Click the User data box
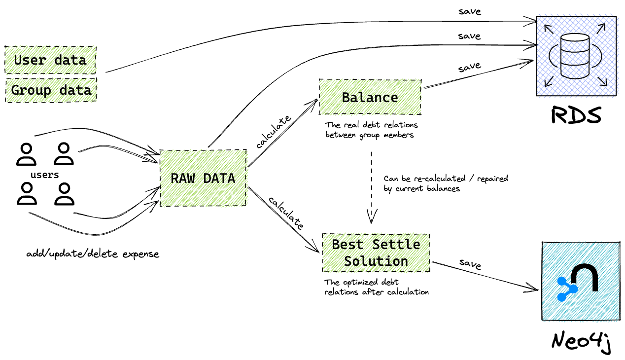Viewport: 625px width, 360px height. tap(50, 60)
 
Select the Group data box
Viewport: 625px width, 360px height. tap(51, 90)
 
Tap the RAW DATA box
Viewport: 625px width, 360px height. tap(203, 178)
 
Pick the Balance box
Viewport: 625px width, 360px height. tap(370, 97)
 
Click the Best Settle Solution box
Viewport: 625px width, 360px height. tap(376, 252)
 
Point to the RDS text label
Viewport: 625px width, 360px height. tap(576, 115)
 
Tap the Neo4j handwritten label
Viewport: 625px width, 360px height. tap(581, 341)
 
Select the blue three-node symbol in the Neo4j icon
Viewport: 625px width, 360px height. tap(567, 289)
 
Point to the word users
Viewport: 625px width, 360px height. tap(44, 175)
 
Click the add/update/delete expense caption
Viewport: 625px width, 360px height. tap(93, 254)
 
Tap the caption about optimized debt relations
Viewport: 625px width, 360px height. tap(376, 287)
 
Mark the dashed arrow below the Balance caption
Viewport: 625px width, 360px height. tap(371, 187)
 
